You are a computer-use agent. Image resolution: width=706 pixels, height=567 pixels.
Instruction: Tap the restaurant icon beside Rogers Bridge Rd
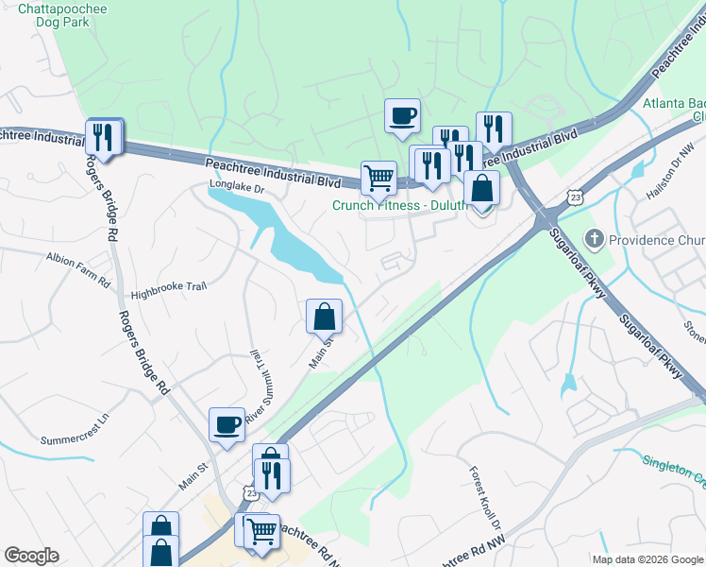(x=103, y=137)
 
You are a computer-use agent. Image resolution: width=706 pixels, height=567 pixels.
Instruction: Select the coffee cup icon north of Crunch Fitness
(x=402, y=117)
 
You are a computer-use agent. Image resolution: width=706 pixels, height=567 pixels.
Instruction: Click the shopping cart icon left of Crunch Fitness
(x=378, y=177)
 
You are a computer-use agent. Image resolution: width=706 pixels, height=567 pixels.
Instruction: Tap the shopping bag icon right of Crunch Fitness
(x=481, y=188)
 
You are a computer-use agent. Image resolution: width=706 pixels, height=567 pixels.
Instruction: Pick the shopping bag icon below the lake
(x=324, y=316)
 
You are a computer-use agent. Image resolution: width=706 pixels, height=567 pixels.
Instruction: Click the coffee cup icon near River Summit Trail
(x=227, y=425)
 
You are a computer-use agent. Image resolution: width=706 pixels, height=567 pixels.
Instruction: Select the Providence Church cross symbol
(x=594, y=239)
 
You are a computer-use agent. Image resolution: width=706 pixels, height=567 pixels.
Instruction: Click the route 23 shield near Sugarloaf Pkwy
(x=575, y=196)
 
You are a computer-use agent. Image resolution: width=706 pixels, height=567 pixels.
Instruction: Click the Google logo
(x=32, y=556)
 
